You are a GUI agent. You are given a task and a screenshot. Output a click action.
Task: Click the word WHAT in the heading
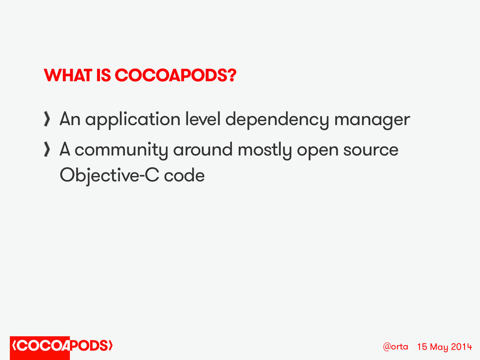pos(68,75)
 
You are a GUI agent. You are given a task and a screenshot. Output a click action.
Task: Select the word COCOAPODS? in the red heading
pos(176,75)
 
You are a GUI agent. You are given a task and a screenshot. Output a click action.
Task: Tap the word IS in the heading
pos(104,75)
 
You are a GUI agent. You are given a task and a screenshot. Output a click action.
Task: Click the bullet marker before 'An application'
pos(47,119)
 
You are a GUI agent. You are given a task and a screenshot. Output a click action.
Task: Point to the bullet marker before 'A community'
pos(47,150)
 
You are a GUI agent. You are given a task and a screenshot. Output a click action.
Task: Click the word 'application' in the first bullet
pos(133,120)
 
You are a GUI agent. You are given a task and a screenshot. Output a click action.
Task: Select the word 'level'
pos(203,119)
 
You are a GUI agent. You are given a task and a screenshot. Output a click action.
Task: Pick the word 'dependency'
pos(277,120)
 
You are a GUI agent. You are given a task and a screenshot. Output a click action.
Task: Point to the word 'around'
pos(202,150)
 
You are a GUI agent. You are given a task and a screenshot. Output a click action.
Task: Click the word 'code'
pos(184,175)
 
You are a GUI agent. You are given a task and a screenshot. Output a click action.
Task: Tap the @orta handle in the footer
pos(396,346)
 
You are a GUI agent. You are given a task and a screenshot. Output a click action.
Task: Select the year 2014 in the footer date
pos(462,346)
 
